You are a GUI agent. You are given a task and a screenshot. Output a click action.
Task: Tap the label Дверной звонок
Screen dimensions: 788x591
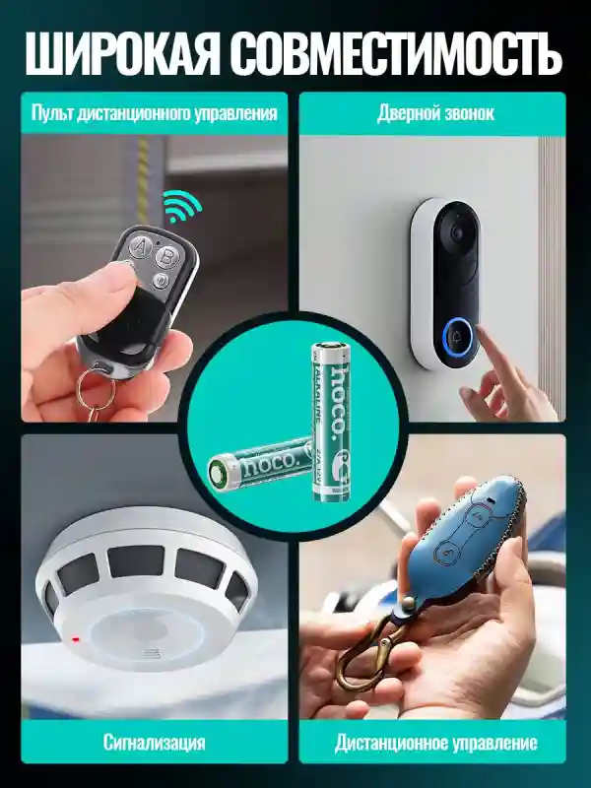435,113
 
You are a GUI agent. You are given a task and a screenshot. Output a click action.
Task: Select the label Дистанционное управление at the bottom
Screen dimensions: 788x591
435,742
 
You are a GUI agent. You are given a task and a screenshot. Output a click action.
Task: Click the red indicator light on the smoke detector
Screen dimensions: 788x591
76,638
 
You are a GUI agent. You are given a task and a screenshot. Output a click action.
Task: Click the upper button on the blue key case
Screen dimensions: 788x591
480,515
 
